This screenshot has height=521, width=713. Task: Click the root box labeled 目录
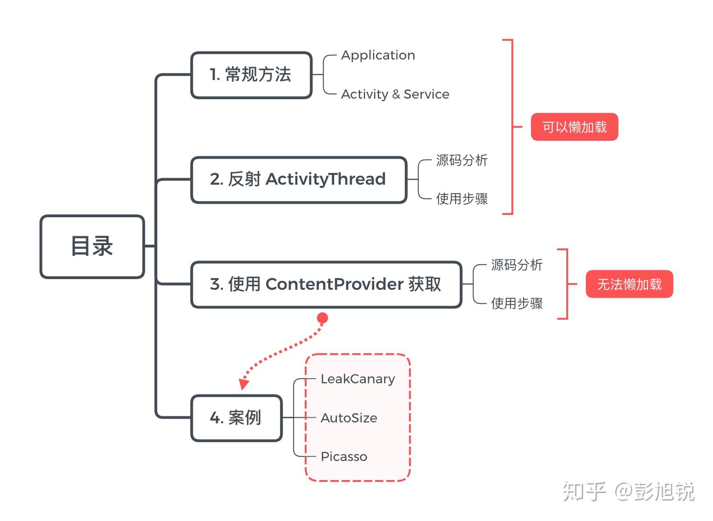[92, 247]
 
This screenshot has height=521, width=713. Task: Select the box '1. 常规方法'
[251, 75]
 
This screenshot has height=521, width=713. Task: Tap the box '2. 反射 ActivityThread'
[298, 180]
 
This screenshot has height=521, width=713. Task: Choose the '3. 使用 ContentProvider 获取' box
[326, 284]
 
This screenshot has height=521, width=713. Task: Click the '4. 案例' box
[236, 418]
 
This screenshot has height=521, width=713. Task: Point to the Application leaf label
[378, 55]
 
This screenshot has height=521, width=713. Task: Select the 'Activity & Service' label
[395, 94]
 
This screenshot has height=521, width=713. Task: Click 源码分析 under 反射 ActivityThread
[462, 160]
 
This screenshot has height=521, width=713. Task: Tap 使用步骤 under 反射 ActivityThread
[462, 199]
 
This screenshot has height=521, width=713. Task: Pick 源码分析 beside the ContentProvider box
[517, 265]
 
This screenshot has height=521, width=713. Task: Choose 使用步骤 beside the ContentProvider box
[517, 304]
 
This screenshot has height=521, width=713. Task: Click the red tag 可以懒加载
[574, 127]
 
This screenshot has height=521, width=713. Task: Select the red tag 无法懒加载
[629, 284]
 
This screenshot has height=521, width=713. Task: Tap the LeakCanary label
[357, 379]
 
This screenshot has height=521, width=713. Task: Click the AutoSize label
[349, 418]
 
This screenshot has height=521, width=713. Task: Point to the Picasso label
[344, 457]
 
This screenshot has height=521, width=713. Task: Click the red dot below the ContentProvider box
[322, 318]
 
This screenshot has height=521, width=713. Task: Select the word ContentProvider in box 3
[334, 284]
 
